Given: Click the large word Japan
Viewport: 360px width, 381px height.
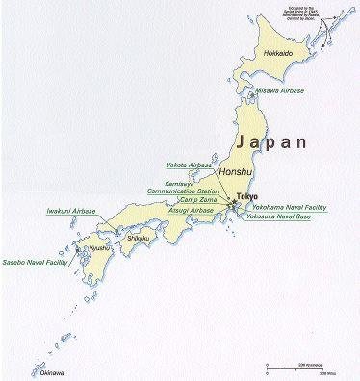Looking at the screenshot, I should [272, 142].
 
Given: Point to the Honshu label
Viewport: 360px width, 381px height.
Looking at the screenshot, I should [236, 171].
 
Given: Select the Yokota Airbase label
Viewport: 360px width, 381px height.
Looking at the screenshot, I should [189, 165].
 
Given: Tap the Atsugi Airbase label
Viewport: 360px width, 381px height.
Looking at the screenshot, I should [190, 208].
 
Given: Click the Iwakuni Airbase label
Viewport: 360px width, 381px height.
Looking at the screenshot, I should [72, 210].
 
